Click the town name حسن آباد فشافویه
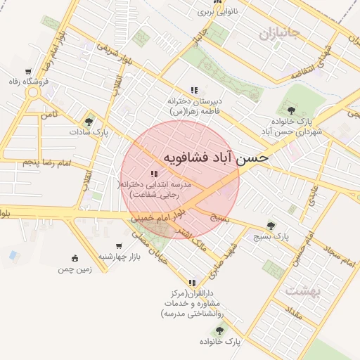(216, 157)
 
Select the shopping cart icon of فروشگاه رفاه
(28, 72)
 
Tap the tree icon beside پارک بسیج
(271, 226)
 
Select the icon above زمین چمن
(75, 258)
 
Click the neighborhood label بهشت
(303, 290)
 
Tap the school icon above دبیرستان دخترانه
(193, 91)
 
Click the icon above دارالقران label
(192, 283)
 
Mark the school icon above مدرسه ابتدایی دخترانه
(154, 174)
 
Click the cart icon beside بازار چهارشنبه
(119, 245)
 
